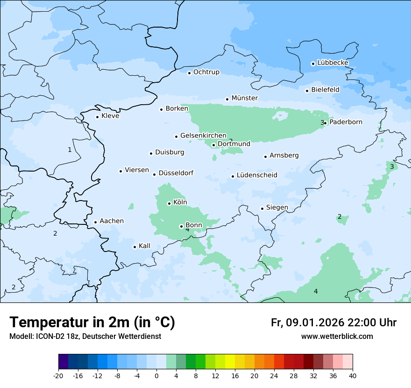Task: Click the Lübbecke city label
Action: (333, 63)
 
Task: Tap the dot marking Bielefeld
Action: (307, 91)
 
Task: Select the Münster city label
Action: (244, 98)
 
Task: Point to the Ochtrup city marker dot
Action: (189, 72)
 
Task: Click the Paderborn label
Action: (346, 122)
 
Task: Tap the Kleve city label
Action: (110, 116)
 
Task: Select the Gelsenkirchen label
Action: (203, 136)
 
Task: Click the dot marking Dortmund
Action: (213, 145)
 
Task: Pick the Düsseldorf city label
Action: (176, 173)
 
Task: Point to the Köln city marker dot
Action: (169, 203)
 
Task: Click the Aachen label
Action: (112, 221)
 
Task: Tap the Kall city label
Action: (144, 246)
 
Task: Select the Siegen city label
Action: (277, 208)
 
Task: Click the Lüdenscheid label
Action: (257, 175)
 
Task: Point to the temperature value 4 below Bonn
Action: (187, 230)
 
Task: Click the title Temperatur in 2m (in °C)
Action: (92, 323)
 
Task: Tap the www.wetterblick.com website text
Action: (337, 337)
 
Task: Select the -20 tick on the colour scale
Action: (58, 376)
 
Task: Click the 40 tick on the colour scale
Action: (353, 376)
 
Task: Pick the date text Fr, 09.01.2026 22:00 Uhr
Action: (333, 323)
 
